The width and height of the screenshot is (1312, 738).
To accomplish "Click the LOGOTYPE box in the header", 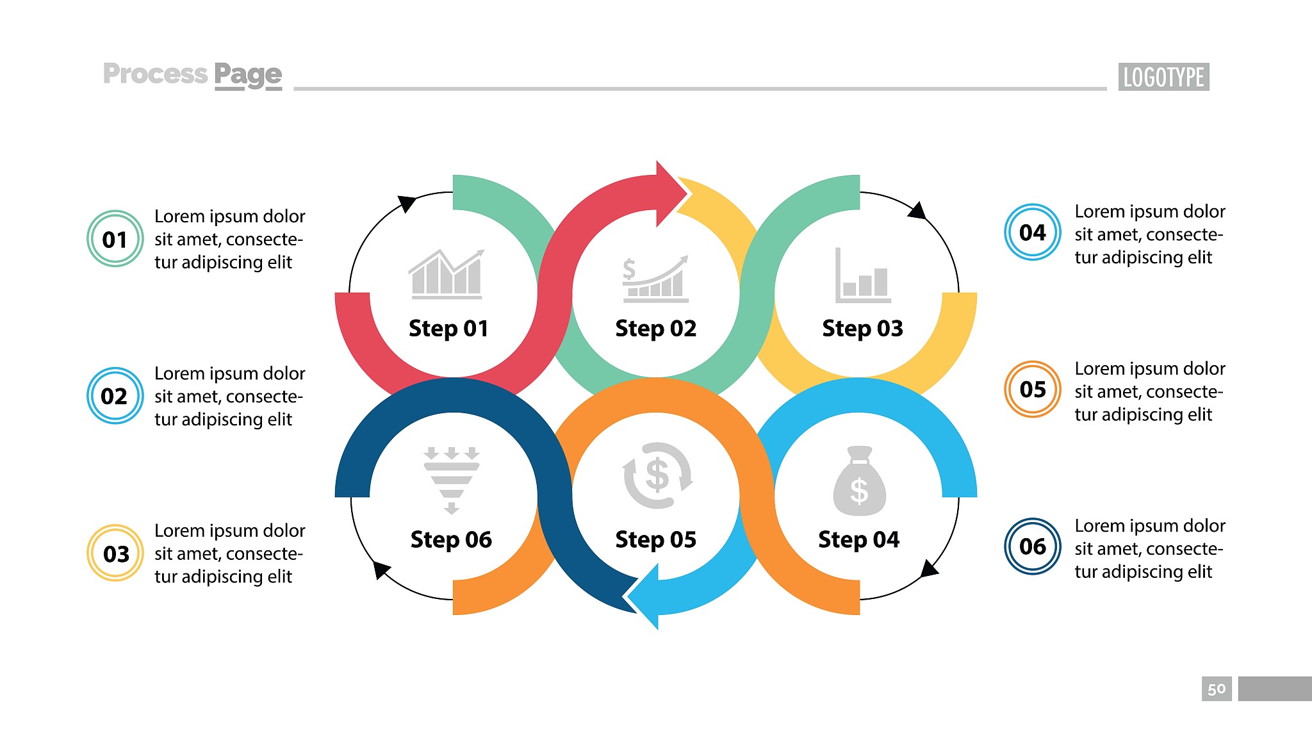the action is click(1163, 77).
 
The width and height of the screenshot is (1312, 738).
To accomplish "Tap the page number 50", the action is click(1217, 689).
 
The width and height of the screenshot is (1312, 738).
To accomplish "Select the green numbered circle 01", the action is click(115, 239).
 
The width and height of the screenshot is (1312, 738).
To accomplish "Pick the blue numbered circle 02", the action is click(115, 396).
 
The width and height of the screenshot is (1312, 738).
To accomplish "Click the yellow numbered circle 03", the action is click(115, 553).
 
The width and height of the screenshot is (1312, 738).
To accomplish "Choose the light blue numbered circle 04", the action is click(1033, 232).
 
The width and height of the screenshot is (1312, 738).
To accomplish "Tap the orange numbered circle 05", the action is click(1033, 389).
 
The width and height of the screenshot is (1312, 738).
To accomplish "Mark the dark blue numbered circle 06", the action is click(1033, 546).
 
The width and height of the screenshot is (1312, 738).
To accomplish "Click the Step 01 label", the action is click(448, 329).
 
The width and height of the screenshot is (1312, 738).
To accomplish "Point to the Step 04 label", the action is click(858, 539).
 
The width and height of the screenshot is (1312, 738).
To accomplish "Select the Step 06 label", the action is click(451, 539).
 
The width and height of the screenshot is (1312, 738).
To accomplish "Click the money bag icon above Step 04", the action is click(860, 480).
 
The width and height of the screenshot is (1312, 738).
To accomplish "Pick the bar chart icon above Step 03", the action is click(863, 275).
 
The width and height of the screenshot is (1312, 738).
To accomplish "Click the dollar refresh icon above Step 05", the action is click(658, 475).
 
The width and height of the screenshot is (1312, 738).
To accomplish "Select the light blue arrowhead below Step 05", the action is click(643, 596).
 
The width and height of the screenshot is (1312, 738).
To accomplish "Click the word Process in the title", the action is click(155, 74).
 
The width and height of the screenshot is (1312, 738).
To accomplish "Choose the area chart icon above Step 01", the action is click(447, 274).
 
